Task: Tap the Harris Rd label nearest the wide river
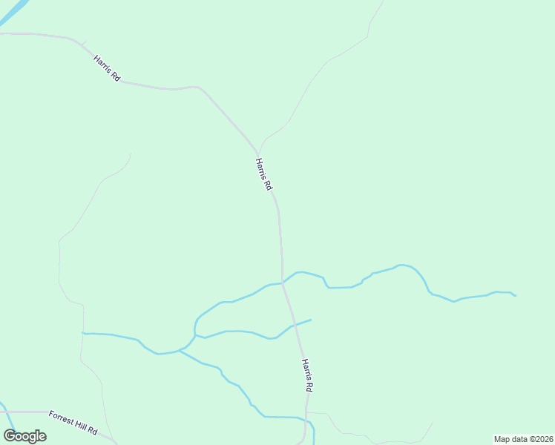tap(107, 67)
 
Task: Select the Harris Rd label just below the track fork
tap(263, 174)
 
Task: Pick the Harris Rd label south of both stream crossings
tap(308, 375)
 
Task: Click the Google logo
tap(24, 436)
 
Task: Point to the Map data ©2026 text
tap(524, 439)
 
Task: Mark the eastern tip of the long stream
tap(515, 296)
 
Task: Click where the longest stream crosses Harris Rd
tap(283, 283)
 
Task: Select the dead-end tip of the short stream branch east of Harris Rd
tap(310, 320)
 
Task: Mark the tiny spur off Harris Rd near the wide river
tap(84, 43)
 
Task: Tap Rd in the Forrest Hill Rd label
tap(92, 429)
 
